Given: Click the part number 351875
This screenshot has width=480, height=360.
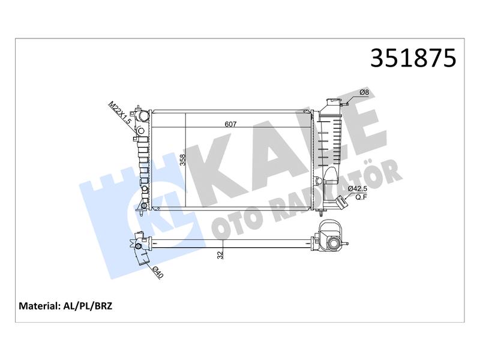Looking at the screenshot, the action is pyautogui.click(x=413, y=58).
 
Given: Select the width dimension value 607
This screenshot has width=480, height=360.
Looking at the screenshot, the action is pyautogui.click(x=230, y=124).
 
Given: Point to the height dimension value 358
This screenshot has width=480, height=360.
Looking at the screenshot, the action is pyautogui.click(x=183, y=160).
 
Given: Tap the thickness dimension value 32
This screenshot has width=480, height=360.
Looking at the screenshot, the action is pyautogui.click(x=220, y=254).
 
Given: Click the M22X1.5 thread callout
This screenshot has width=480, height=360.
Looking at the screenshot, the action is pyautogui.click(x=120, y=113).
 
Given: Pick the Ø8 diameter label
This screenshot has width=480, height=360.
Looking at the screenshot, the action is pyautogui.click(x=364, y=92).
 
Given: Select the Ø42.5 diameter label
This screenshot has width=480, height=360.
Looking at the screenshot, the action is pyautogui.click(x=358, y=188).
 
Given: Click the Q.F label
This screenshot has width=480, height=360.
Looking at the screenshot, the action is pyautogui.click(x=361, y=197).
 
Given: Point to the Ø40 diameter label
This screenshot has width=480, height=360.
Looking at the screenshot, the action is pyautogui.click(x=158, y=272).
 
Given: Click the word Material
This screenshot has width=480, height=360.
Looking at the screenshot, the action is pyautogui.click(x=38, y=306).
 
